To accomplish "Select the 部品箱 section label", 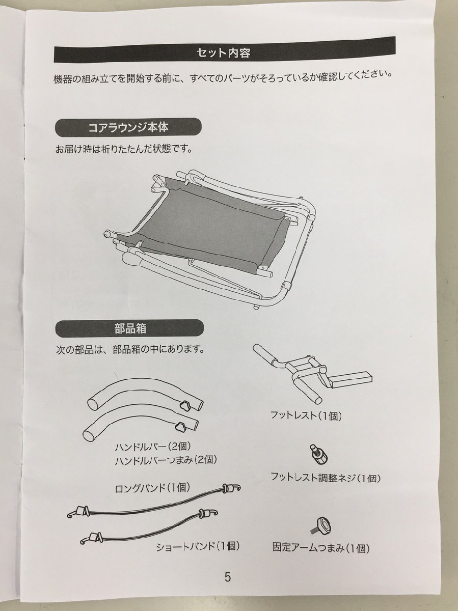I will pos(130,328).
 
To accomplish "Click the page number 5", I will pos(227,577).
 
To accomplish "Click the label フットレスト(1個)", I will pos(306,416).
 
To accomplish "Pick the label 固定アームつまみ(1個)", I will pos(320,548).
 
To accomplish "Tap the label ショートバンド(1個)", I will pos(198,547).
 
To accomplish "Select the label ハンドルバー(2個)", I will pos(153,447).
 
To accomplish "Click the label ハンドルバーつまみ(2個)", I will pos(166,460).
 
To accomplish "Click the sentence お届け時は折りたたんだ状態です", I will pos(124,150).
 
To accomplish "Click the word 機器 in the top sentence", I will pos(63,80).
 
